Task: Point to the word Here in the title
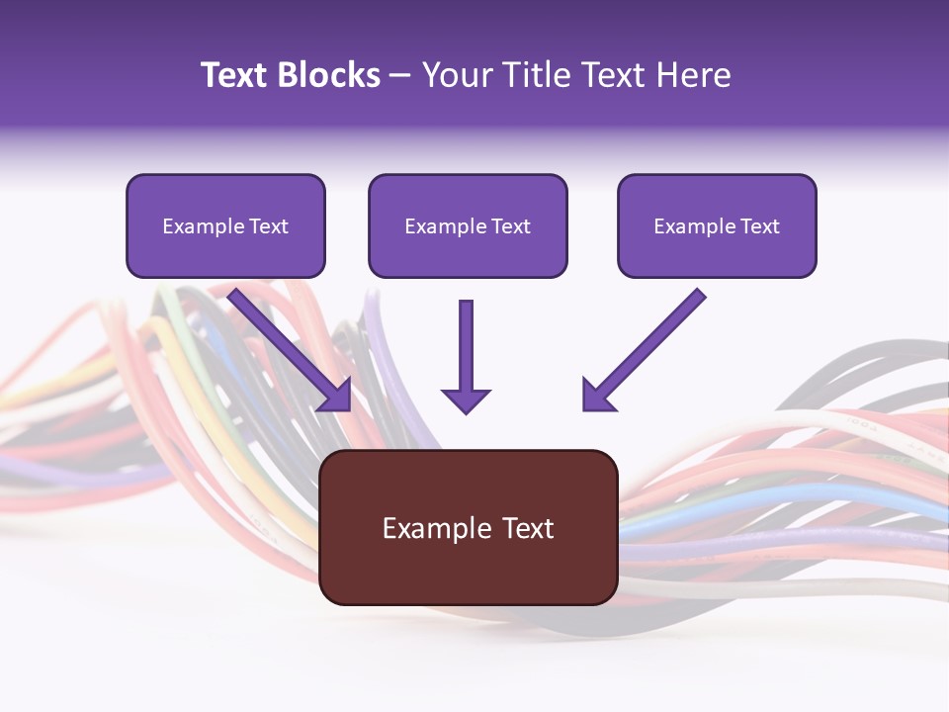click(694, 75)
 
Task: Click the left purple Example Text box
click(225, 225)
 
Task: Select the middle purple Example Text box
click(468, 225)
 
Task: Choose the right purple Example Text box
click(718, 225)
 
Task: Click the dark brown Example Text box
click(469, 527)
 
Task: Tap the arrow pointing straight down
click(466, 357)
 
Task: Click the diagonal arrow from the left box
click(290, 350)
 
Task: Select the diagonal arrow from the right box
click(645, 350)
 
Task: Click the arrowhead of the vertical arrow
click(466, 400)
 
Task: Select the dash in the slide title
click(400, 77)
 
